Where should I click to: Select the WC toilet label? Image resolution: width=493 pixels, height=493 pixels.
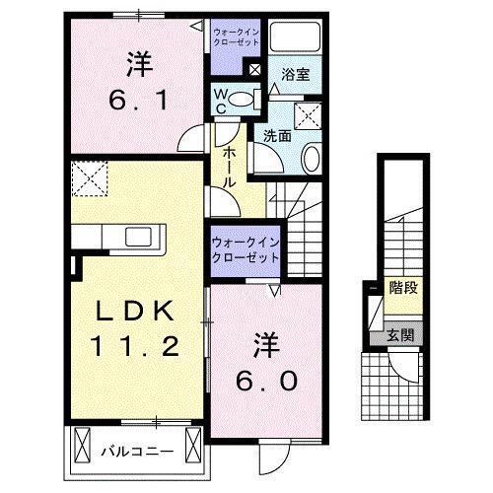point(223,101)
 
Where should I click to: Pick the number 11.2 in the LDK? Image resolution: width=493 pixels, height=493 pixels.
point(137,346)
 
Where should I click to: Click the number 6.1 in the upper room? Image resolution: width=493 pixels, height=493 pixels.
point(138,100)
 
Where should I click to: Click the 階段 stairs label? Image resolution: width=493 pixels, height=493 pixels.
point(399,288)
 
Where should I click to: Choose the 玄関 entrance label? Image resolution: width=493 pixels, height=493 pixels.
point(399,333)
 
